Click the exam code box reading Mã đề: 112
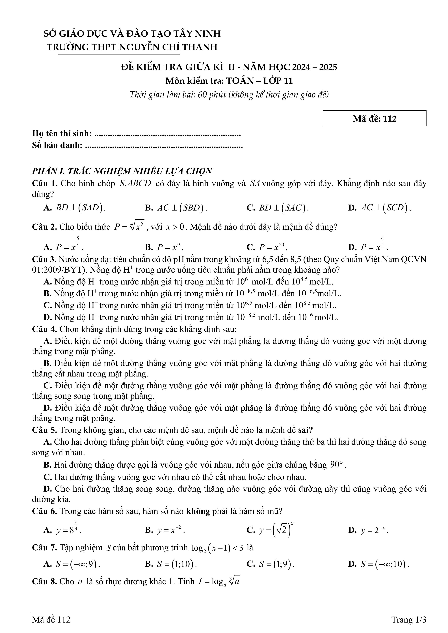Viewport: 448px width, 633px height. pos(374,119)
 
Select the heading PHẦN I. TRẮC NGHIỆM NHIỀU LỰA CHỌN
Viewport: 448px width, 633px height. pos(122,171)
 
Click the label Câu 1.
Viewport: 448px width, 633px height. pos(44,184)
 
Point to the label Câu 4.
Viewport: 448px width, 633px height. pos(44,329)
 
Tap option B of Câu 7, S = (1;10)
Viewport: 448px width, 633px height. pos(171,564)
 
